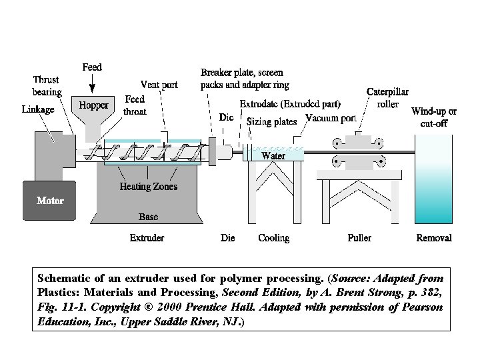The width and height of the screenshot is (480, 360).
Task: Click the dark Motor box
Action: [50, 200]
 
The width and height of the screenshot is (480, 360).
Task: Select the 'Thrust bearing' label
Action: [47, 86]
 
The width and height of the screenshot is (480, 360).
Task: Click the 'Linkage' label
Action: [38, 109]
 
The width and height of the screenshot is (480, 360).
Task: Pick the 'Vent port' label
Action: [159, 85]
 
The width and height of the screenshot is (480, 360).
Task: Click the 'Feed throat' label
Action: [135, 106]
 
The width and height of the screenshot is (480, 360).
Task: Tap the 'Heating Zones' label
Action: [148, 187]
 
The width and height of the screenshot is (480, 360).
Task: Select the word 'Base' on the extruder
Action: [148, 217]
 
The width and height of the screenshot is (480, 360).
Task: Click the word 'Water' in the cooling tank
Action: [273, 155]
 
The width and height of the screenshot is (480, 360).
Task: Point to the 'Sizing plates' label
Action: [271, 122]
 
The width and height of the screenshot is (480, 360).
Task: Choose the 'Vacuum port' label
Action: [330, 118]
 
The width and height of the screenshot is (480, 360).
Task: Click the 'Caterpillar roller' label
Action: [387, 98]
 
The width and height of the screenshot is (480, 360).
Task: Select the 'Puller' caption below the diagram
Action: [359, 237]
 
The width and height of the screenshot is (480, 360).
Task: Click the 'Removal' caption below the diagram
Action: [433, 237]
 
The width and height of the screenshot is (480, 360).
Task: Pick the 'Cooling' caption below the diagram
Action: [273, 237]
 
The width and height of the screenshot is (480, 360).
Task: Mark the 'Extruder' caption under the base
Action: [147, 237]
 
